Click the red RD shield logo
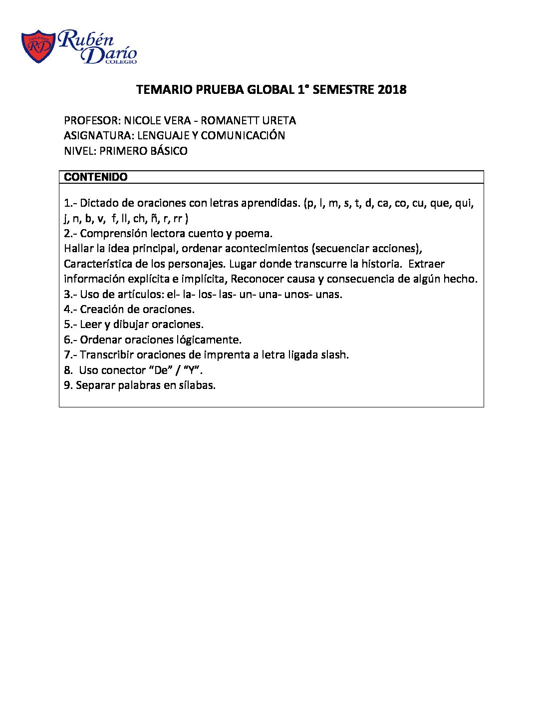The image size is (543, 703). click(38, 47)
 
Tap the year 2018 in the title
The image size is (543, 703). click(392, 90)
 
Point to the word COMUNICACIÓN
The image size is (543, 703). click(243, 136)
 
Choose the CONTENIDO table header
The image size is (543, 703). click(96, 177)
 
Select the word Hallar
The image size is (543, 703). click(79, 249)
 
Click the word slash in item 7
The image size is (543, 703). click(335, 355)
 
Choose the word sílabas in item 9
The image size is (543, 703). click(197, 385)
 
